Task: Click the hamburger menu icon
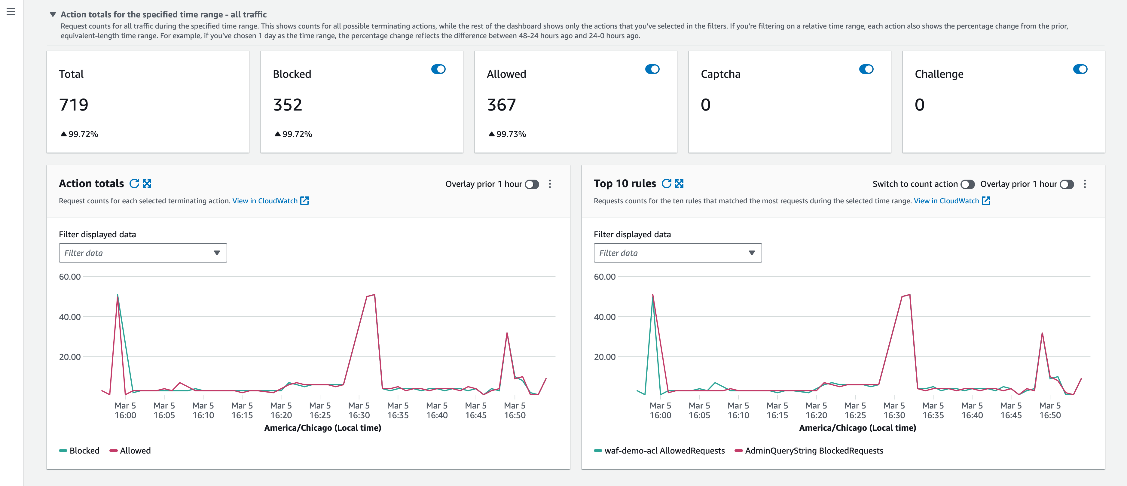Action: click(11, 12)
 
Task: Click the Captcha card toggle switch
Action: click(866, 69)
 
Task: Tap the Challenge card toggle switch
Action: click(1080, 69)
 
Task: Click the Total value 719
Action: click(74, 105)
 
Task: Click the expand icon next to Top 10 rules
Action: click(679, 184)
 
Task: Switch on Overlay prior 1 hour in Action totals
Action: click(532, 184)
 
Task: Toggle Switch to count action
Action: click(967, 184)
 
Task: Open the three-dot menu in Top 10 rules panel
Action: click(1085, 184)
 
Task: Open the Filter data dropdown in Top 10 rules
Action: click(677, 253)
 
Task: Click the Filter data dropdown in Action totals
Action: click(143, 253)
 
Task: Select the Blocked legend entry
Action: click(80, 451)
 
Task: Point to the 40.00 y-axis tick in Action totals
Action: click(70, 317)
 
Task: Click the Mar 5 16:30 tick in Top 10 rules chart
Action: click(894, 410)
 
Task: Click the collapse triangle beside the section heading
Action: click(53, 14)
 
